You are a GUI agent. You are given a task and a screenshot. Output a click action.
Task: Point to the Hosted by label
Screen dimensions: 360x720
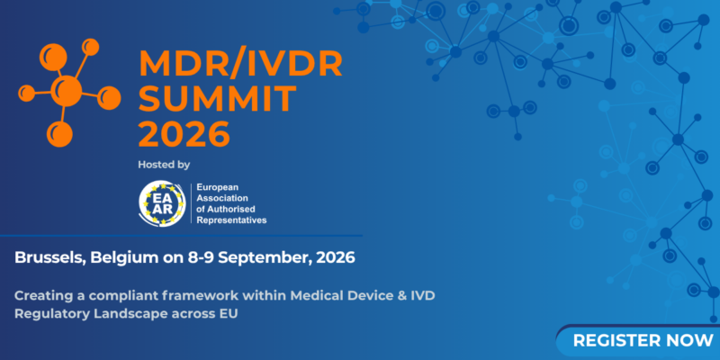[164, 165]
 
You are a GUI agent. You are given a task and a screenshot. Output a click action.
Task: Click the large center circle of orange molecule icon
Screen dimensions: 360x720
[68, 89]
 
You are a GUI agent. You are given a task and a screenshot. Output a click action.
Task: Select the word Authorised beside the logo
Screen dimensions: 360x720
[234, 209]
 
